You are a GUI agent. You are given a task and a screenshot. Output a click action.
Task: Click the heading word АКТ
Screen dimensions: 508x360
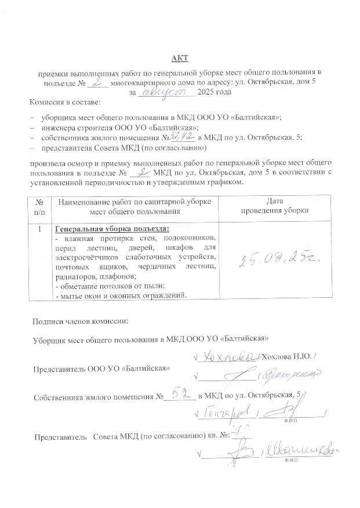point(180,57)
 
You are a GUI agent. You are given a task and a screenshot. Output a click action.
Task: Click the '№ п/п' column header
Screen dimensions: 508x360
point(39,206)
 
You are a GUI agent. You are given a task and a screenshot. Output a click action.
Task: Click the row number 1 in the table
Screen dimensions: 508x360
point(39,229)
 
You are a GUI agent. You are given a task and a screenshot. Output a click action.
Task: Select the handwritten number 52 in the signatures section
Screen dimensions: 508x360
point(180,395)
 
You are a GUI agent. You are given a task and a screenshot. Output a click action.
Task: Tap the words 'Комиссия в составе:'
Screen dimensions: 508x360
point(65,103)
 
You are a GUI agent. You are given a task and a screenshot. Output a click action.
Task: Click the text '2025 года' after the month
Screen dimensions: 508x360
point(214,92)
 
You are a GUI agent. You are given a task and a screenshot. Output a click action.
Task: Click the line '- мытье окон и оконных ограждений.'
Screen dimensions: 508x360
point(120,296)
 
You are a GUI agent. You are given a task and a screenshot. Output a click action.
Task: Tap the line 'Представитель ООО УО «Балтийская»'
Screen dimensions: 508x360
point(101,368)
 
